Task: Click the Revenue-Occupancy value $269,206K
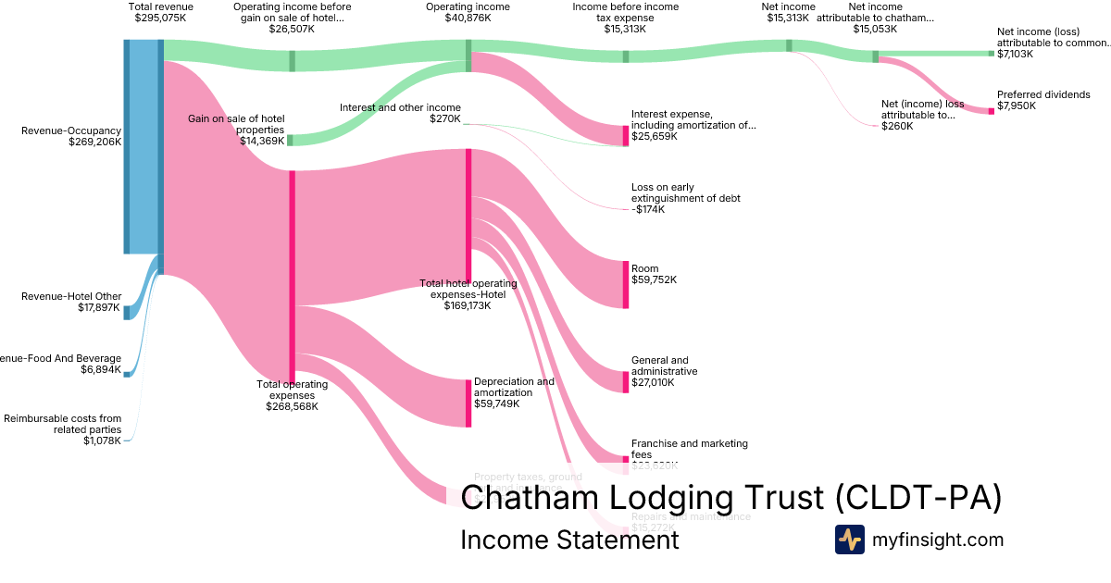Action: [95, 143]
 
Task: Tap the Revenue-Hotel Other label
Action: [71, 296]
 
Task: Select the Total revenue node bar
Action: [160, 157]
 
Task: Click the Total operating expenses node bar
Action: [293, 273]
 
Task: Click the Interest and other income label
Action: [400, 107]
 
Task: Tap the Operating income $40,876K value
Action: [468, 18]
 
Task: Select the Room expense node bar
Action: [626, 285]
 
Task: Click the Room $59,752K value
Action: [654, 279]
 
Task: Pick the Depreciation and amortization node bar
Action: [468, 403]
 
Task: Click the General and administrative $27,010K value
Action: [655, 382]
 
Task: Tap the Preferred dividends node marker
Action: [991, 111]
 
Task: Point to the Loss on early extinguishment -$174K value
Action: [648, 210]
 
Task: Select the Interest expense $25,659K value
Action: [654, 136]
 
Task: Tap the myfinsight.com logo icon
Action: [849, 540]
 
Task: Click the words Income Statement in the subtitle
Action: [569, 540]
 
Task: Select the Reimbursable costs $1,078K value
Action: [102, 440]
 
